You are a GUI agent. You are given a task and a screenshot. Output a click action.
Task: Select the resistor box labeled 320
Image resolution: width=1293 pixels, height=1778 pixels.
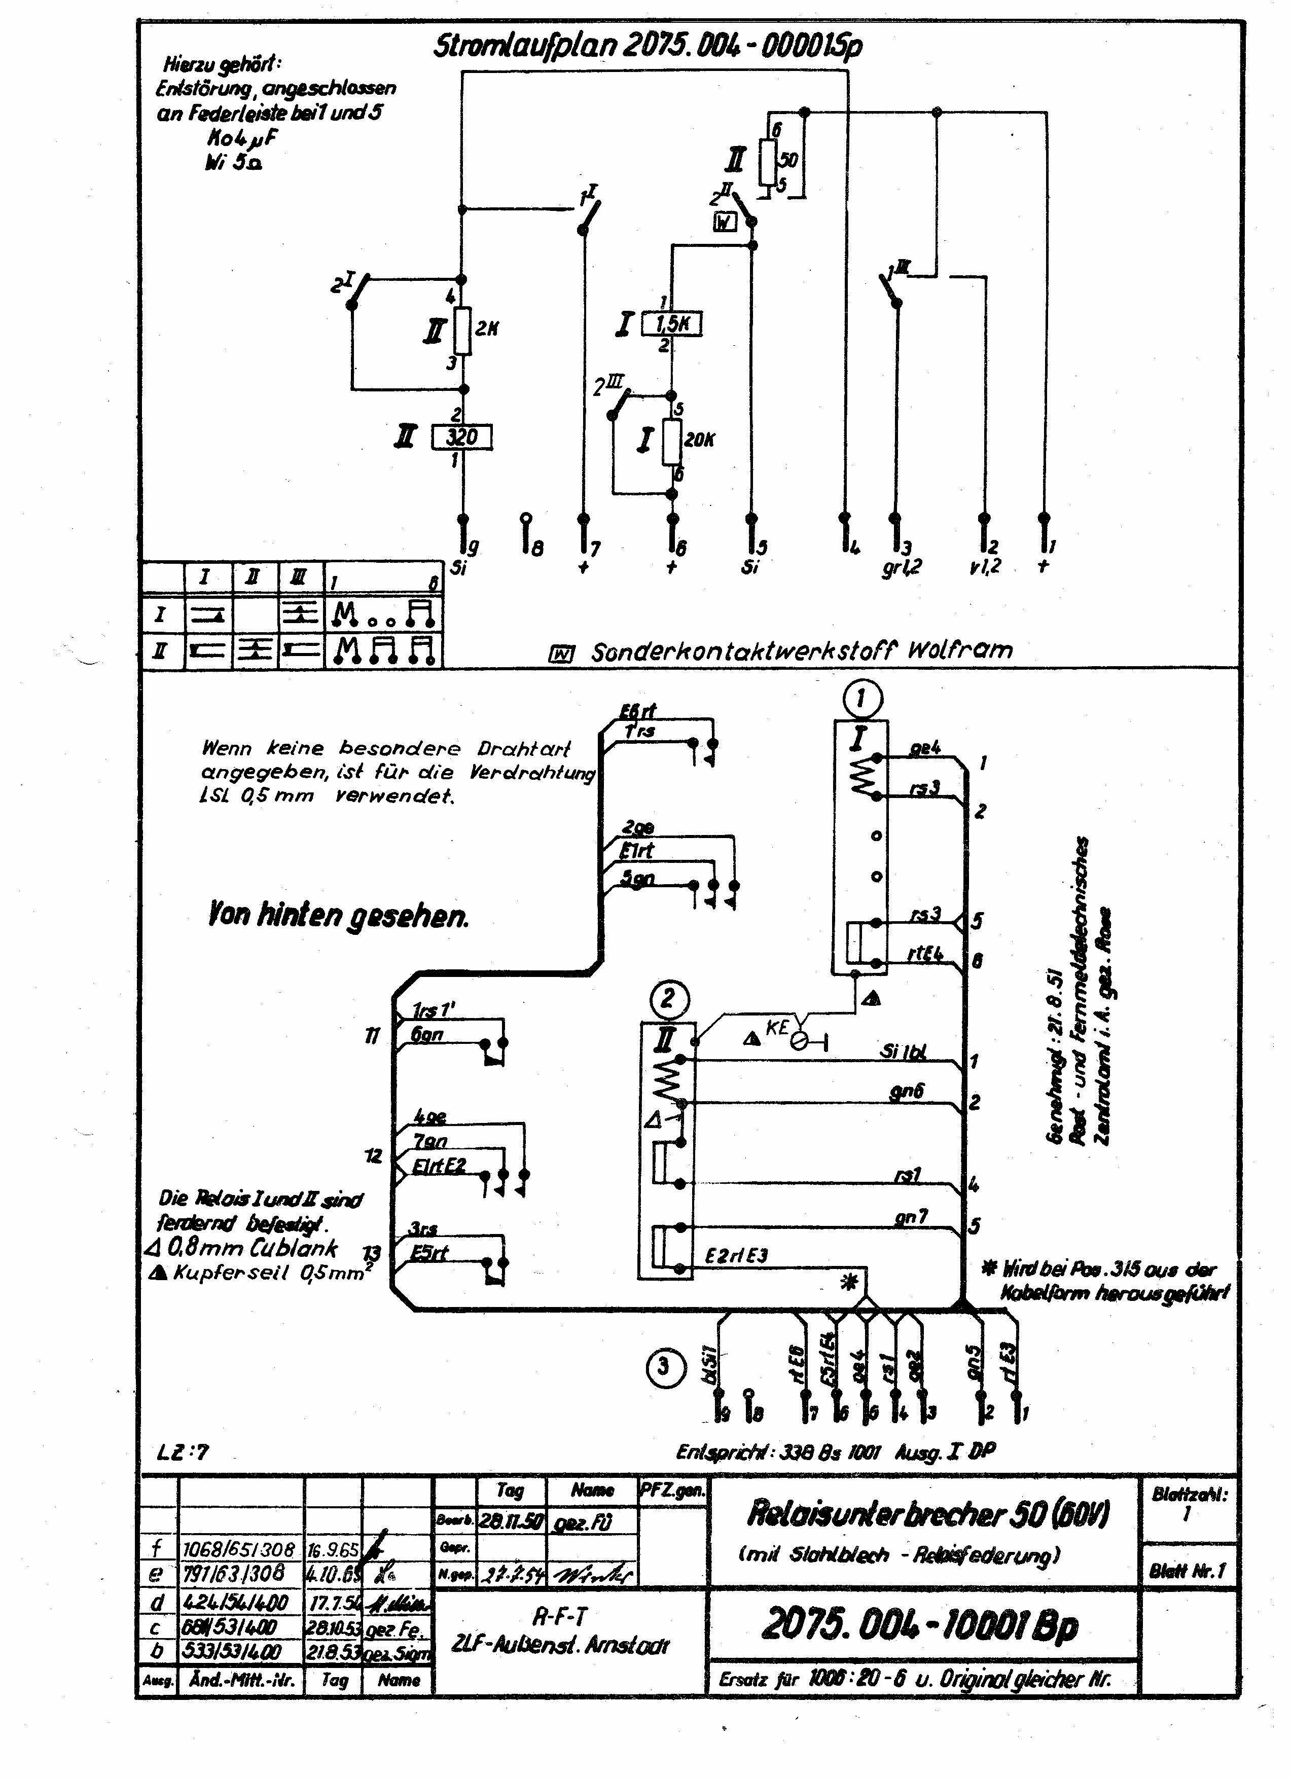[462, 437]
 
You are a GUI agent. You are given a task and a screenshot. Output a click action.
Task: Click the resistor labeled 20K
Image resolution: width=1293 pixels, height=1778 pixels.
[672, 442]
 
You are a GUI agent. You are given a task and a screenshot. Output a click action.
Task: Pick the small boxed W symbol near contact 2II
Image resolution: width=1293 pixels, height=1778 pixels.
[725, 223]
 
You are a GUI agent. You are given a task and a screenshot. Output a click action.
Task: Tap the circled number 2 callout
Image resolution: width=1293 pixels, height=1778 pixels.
[667, 998]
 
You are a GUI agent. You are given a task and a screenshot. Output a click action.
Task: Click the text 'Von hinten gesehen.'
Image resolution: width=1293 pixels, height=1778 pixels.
[338, 915]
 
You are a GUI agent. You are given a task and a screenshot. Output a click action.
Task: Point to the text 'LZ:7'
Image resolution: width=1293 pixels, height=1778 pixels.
[184, 1452]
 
